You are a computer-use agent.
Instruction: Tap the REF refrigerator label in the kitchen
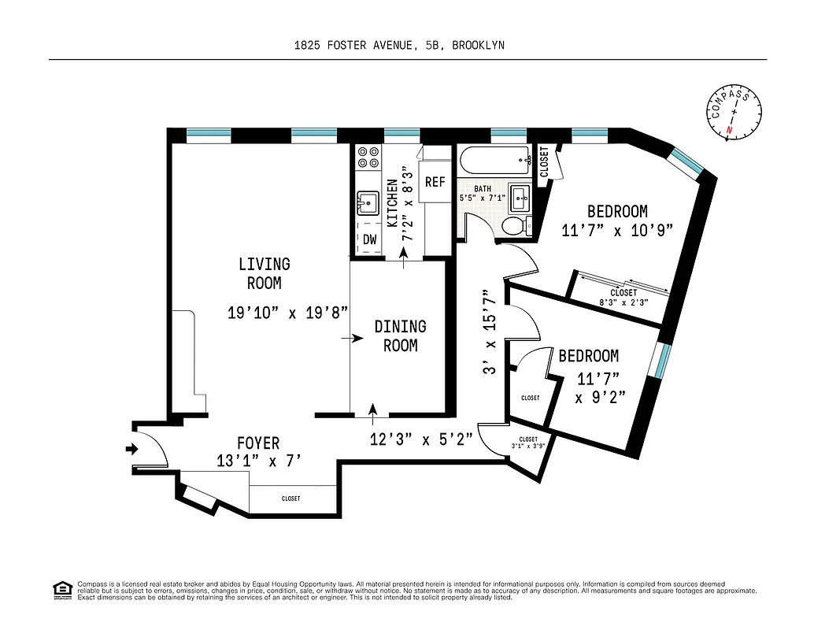pyautogui.click(x=435, y=182)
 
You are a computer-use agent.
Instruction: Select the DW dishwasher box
pyautogui.click(x=369, y=239)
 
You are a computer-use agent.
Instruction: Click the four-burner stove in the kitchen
pyautogui.click(x=368, y=158)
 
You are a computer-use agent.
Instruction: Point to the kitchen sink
pyautogui.click(x=368, y=202)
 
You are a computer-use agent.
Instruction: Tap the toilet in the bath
pyautogui.click(x=514, y=227)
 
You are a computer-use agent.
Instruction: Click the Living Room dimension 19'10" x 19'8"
pyautogui.click(x=287, y=313)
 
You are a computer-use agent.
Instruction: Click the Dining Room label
pyautogui.click(x=400, y=335)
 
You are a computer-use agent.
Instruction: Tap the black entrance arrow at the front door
pyautogui.click(x=131, y=450)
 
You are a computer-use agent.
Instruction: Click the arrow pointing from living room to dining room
pyautogui.click(x=351, y=339)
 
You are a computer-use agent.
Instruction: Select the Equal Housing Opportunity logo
pyautogui.click(x=61, y=589)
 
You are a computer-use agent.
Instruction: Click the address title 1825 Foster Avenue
pyautogui.click(x=399, y=46)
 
